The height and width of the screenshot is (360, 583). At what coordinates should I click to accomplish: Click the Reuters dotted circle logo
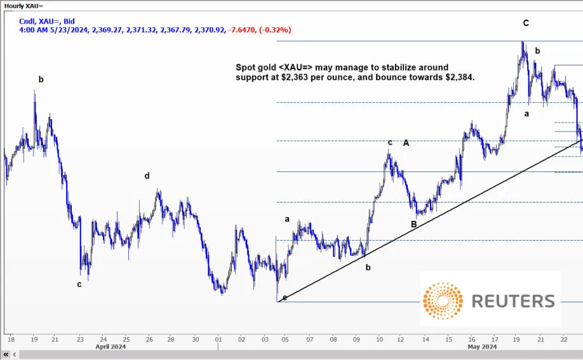pyautogui.click(x=443, y=301)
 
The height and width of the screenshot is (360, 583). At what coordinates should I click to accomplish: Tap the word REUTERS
pyautogui.click(x=513, y=301)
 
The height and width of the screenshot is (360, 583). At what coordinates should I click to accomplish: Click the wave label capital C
pyautogui.click(x=526, y=23)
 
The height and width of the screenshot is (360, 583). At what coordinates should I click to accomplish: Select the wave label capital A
pyautogui.click(x=406, y=143)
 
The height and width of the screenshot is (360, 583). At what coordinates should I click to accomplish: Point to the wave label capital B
pyautogui.click(x=413, y=224)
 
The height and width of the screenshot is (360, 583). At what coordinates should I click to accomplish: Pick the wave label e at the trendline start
pyautogui.click(x=285, y=297)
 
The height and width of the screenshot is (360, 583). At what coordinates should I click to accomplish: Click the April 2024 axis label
pyautogui.click(x=111, y=347)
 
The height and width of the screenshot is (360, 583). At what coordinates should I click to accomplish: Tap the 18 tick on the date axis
pyautogui.click(x=10, y=339)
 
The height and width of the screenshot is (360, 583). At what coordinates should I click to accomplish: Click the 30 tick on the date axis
pyautogui.click(x=195, y=339)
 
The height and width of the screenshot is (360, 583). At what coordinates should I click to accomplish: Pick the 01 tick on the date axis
pyautogui.click(x=218, y=339)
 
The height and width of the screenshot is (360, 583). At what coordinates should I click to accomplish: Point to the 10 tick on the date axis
pyautogui.click(x=379, y=339)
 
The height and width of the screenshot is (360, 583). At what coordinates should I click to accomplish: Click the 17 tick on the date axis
pyautogui.click(x=494, y=339)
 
